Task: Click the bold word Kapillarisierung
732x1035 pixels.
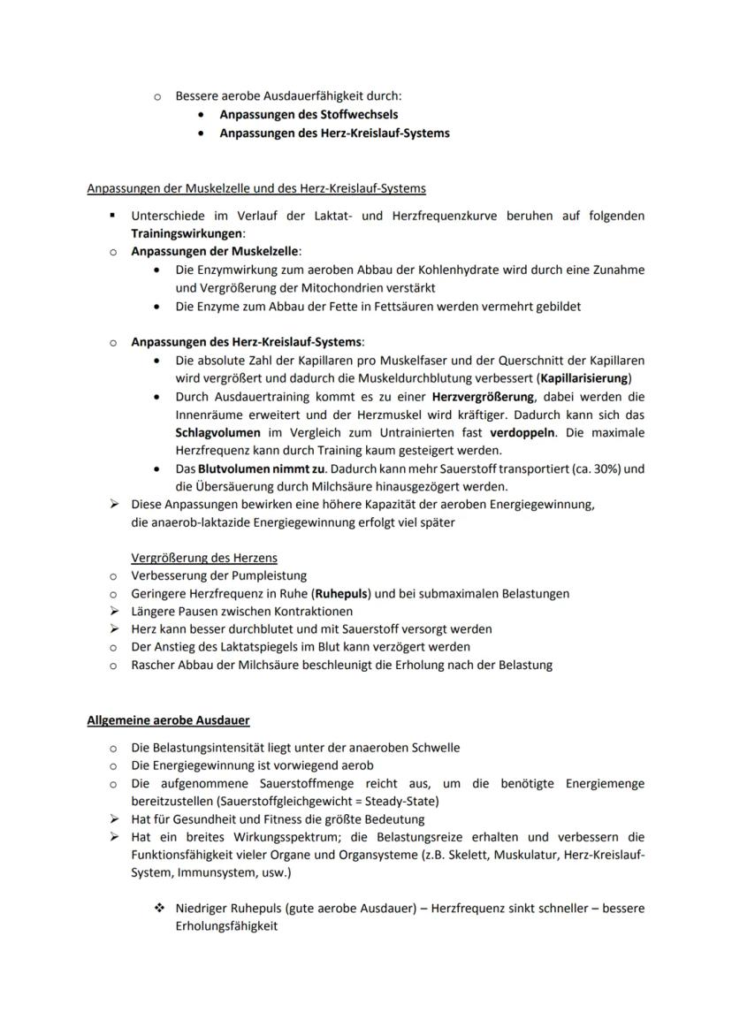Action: (583, 378)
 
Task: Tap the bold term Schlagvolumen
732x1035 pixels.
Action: (217, 433)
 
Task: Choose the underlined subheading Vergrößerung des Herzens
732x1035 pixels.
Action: (203, 558)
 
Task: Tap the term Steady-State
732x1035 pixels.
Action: (402, 801)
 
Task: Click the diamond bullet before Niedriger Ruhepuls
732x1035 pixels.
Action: (159, 909)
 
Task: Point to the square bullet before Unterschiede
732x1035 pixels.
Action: (113, 216)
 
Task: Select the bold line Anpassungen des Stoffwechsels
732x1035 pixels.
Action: (309, 115)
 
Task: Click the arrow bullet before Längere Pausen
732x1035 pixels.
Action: (113, 611)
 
